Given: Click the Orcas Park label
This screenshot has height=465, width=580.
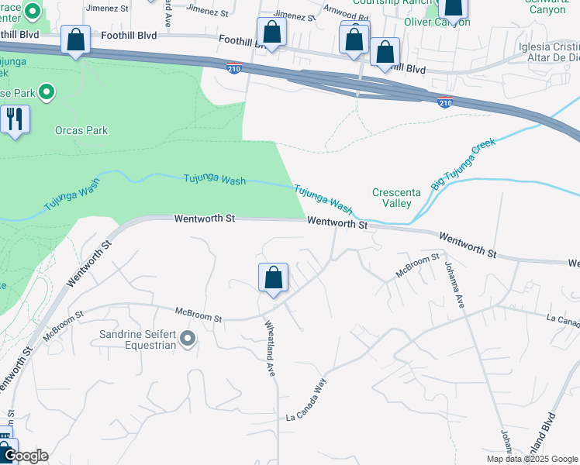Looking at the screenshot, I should [x=81, y=130].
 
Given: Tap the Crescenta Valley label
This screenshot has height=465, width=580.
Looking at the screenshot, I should [x=402, y=198].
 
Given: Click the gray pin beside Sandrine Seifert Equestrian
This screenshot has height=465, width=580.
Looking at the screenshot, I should [x=188, y=338].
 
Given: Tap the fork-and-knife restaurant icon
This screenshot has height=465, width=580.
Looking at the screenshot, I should [x=15, y=119].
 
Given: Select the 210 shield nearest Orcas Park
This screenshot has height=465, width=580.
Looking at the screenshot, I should [x=233, y=69].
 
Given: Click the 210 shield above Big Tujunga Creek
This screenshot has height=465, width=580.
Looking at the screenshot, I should [x=444, y=102].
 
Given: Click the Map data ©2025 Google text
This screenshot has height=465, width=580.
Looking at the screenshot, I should [x=531, y=459].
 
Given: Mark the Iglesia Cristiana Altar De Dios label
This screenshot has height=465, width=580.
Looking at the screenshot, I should [x=540, y=51].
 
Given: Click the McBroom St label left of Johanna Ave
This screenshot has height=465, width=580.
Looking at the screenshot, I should [x=418, y=264].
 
